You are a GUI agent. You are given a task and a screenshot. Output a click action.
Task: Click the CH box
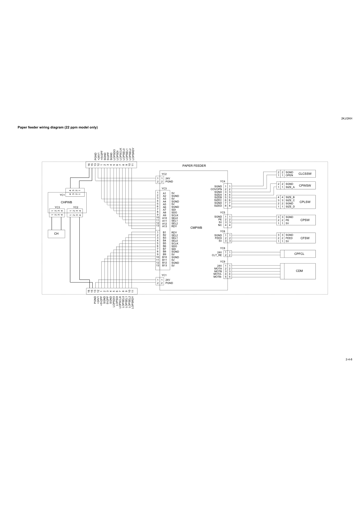click(x=56, y=234)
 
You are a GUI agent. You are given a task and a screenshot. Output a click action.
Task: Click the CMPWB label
click(x=196, y=228)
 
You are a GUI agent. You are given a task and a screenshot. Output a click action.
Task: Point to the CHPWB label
click(x=66, y=202)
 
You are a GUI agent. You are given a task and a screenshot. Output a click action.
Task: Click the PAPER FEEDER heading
click(x=194, y=166)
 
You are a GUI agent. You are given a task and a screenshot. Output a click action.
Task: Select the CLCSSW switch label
click(x=305, y=174)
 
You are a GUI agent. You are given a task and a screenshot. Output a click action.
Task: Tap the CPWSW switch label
click(x=305, y=186)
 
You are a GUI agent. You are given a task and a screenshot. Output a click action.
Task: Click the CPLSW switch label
click(x=305, y=202)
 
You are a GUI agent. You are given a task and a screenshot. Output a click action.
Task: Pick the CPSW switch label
click(x=305, y=220)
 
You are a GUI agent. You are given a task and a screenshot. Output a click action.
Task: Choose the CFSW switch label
click(x=305, y=238)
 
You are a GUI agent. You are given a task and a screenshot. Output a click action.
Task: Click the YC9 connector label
click(x=222, y=261)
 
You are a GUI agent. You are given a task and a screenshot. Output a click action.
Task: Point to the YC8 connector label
click(x=222, y=248)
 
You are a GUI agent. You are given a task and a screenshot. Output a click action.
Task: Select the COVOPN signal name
click(x=216, y=189)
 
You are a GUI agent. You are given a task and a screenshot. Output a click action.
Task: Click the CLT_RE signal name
click(x=217, y=255)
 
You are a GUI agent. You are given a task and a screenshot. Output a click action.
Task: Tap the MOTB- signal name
click(x=218, y=277)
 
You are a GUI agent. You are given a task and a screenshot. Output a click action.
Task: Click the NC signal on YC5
click(x=220, y=225)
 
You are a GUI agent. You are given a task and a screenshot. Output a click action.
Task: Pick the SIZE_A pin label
click(x=290, y=187)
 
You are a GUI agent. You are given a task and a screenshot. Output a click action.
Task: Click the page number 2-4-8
click(x=349, y=359)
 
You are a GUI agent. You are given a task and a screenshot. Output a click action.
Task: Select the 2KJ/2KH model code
click(x=347, y=118)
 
